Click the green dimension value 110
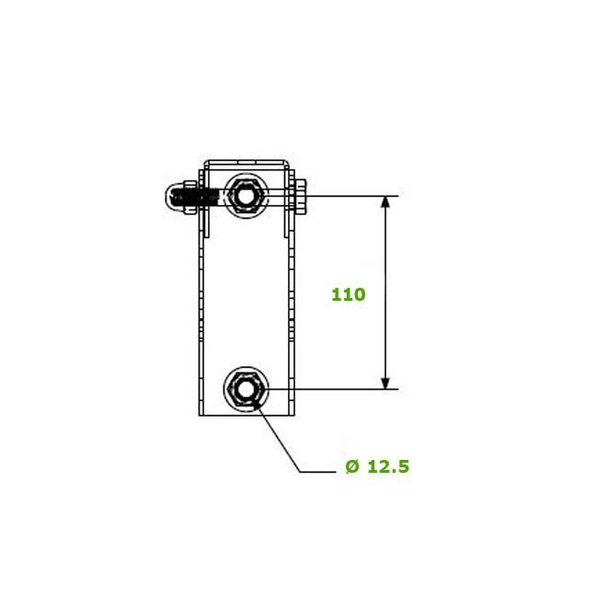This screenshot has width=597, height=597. coord(349,294)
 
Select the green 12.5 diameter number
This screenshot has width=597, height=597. coord(388,466)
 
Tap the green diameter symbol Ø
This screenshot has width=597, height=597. coord(352,466)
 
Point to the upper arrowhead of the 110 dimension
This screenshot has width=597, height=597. coord(385,201)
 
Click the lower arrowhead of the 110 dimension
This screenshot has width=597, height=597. coord(385,383)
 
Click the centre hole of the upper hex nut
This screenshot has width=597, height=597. coord(246,197)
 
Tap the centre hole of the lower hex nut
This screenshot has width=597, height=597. coord(246,389)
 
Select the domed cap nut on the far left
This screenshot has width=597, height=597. coord(174,198)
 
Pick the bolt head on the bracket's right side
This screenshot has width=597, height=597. coord(301,197)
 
